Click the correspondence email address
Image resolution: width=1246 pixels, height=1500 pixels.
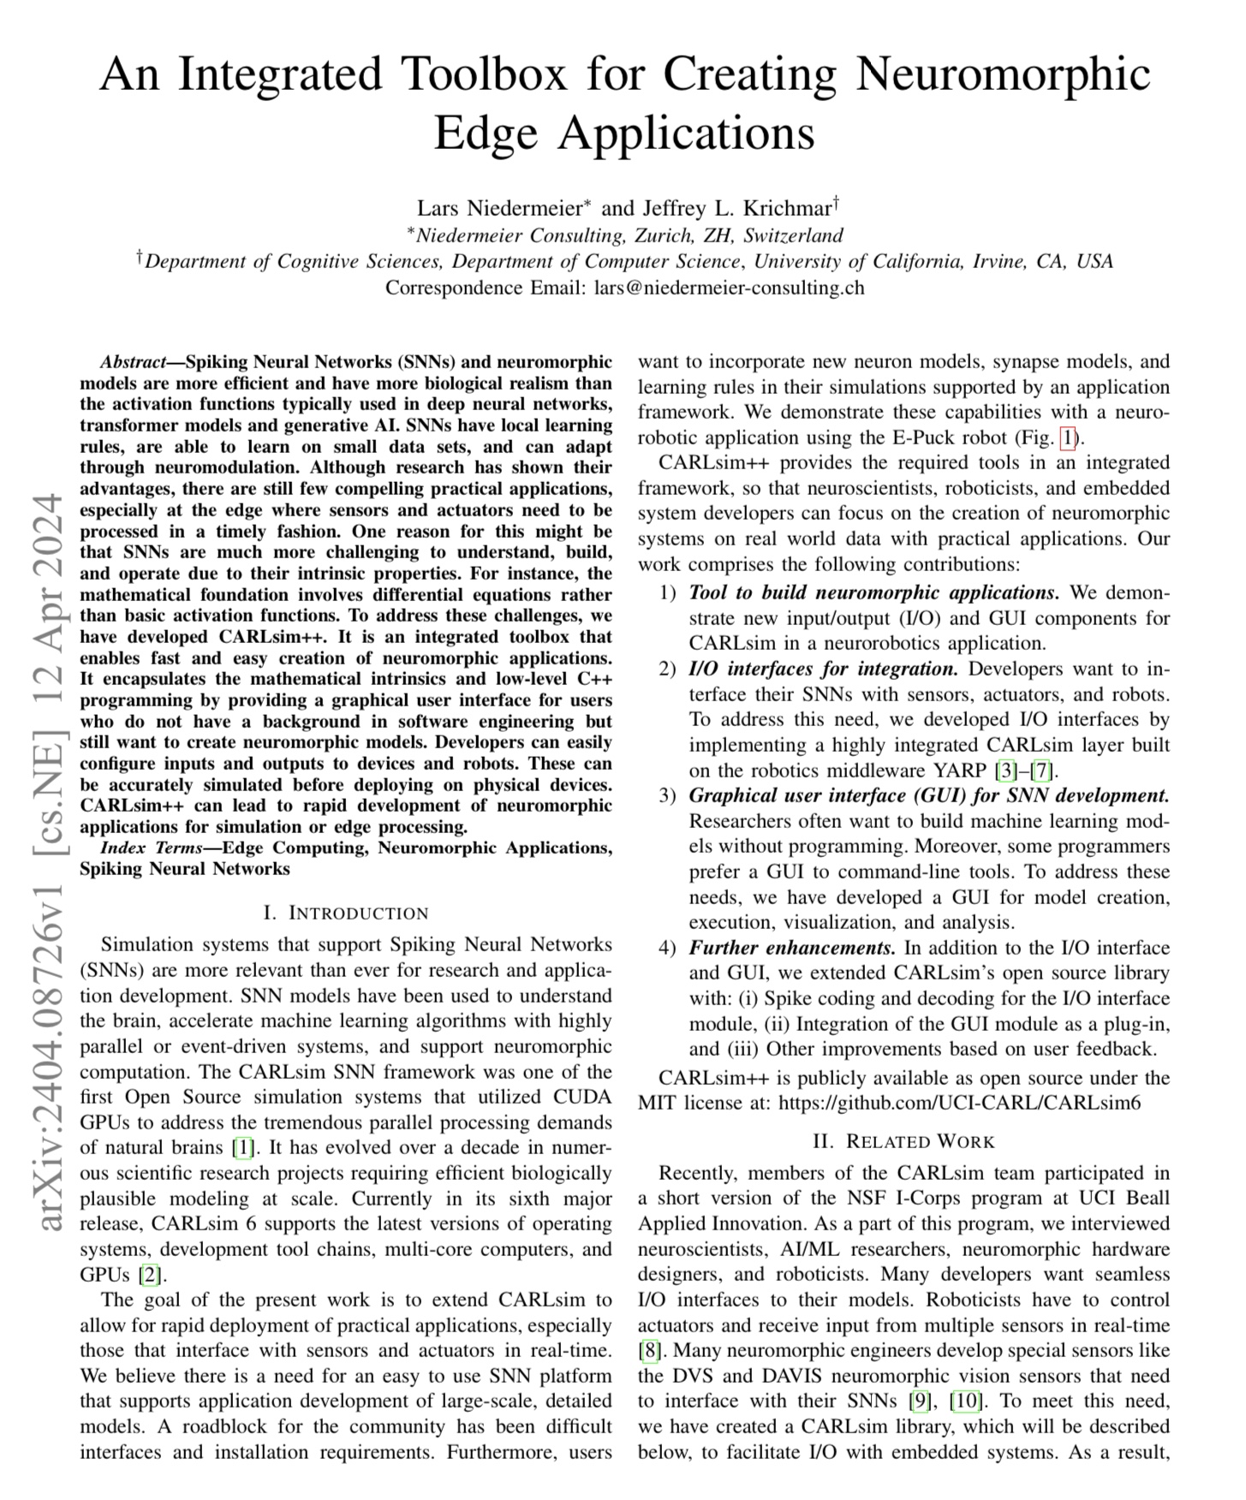pyautogui.click(x=729, y=288)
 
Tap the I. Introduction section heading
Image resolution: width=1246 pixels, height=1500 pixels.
pyautogui.click(x=346, y=914)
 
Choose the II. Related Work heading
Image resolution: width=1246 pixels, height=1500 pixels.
pyautogui.click(x=903, y=1142)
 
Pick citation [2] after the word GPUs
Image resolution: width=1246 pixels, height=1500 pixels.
pyautogui.click(x=151, y=1275)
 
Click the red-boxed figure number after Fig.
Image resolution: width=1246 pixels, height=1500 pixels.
pyautogui.click(x=1067, y=438)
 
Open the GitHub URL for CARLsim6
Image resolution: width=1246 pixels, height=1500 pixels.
pyautogui.click(x=959, y=1104)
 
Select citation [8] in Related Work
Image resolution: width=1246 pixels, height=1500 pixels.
pyautogui.click(x=648, y=1351)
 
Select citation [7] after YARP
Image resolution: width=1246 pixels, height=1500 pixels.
pyautogui.click(x=1040, y=771)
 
